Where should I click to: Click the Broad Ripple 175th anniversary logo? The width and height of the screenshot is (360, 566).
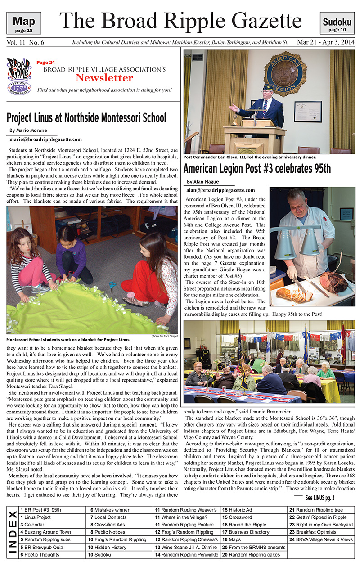(x=19, y=76)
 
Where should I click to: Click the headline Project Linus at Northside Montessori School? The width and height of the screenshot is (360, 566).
(x=86, y=118)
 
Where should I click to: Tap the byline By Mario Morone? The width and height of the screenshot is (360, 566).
(x=28, y=131)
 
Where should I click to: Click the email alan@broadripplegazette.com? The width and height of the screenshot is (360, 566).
(x=220, y=190)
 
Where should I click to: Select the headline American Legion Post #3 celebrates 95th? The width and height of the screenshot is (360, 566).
(x=257, y=169)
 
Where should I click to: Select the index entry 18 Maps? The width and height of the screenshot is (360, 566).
(x=232, y=540)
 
